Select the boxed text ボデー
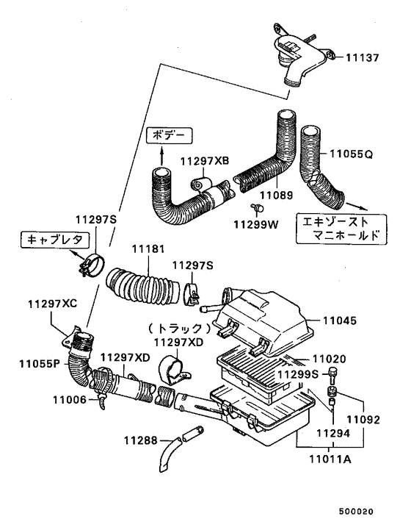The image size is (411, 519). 170,136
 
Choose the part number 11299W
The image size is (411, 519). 255,223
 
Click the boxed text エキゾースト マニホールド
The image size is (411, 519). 337,229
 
